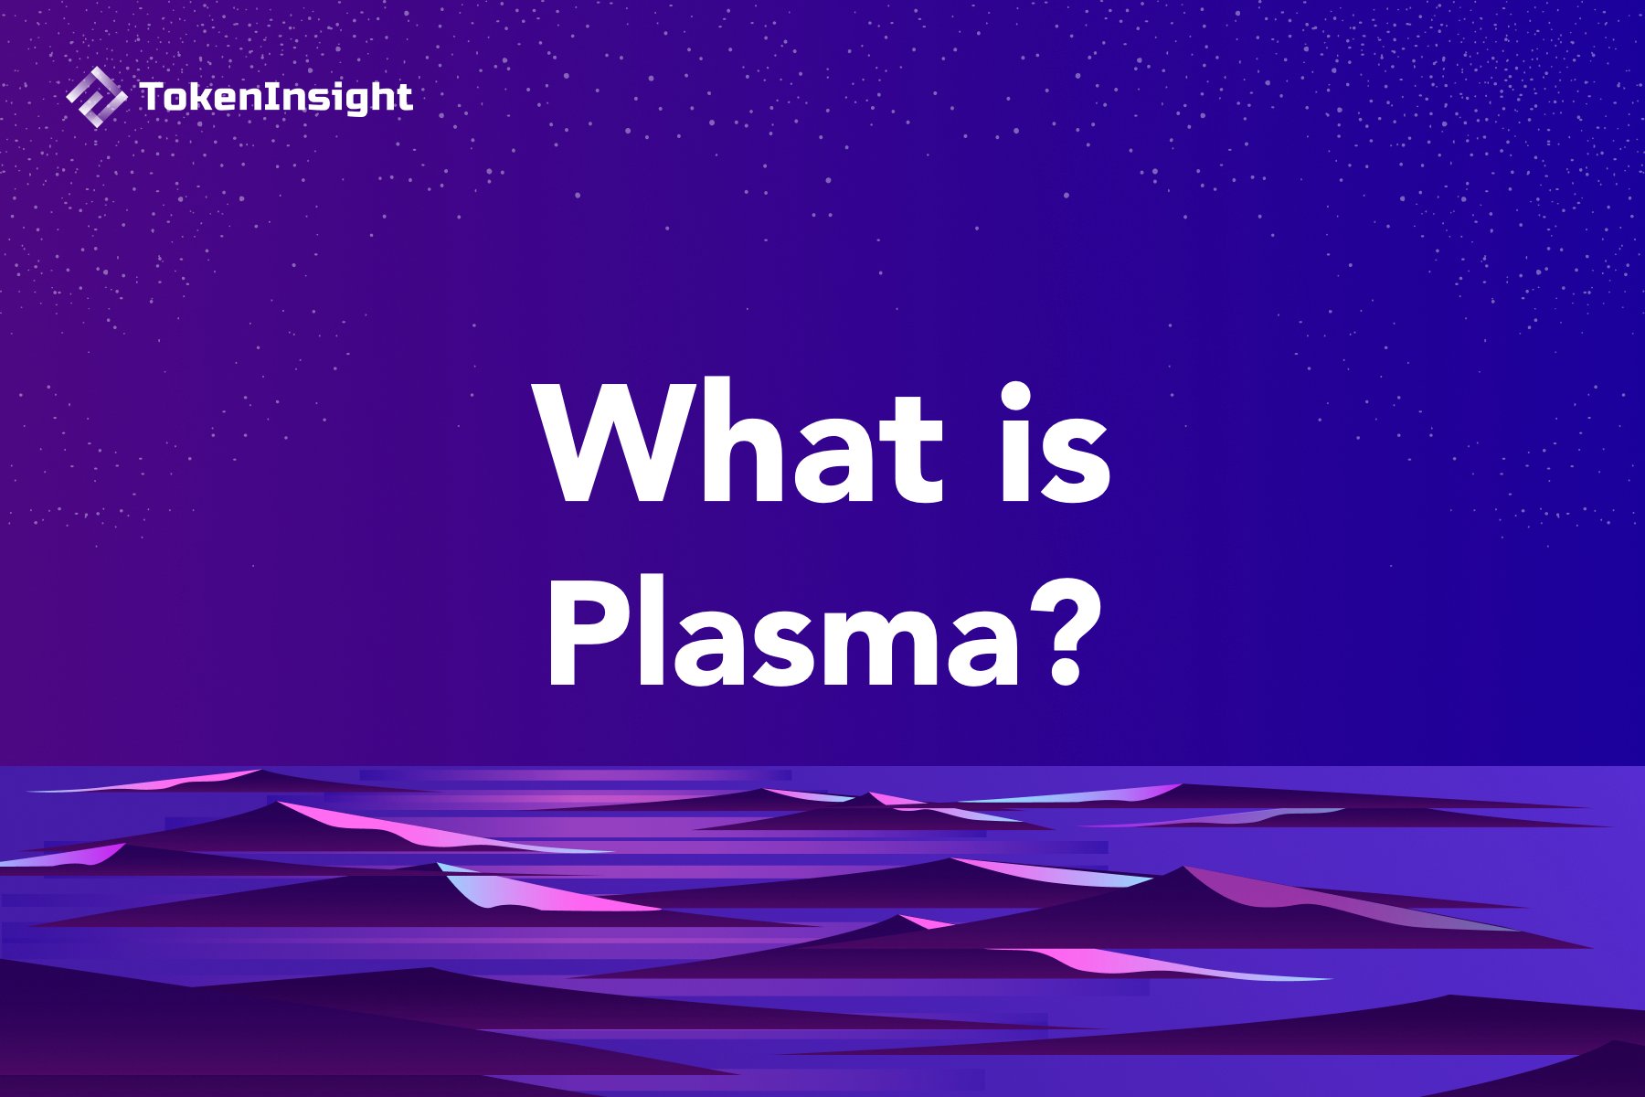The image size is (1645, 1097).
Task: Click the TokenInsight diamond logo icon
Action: coord(96,97)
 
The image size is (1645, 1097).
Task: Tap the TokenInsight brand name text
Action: coord(276,98)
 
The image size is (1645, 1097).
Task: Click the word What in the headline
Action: coord(741,442)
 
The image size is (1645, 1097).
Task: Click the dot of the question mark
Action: coord(1064,676)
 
